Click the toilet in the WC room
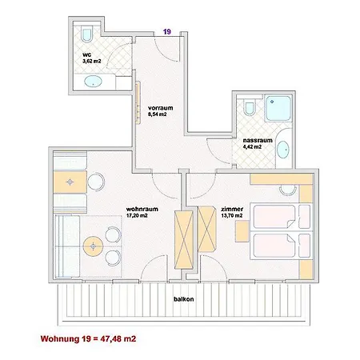(x=87, y=34)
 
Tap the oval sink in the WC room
(x=93, y=82)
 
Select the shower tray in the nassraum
(x=278, y=108)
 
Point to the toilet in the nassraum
(x=250, y=108)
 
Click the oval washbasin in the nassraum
(x=283, y=150)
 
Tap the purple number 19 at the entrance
(x=167, y=32)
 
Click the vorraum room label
(x=161, y=108)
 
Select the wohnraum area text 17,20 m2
(x=137, y=216)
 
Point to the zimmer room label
(x=232, y=209)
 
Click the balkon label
(x=184, y=299)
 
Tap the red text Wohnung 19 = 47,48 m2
(x=88, y=339)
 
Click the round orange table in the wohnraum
(x=93, y=246)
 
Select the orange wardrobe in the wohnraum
(x=183, y=240)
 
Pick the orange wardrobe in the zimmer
(x=207, y=230)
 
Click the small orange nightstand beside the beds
(x=242, y=231)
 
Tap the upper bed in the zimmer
(x=281, y=217)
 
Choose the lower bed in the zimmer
(x=281, y=246)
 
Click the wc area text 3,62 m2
(x=92, y=61)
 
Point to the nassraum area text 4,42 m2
(x=252, y=146)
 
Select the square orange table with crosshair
(x=70, y=182)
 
